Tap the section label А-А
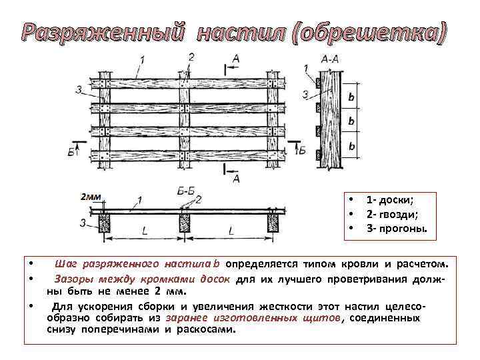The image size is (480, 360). pos(330,59)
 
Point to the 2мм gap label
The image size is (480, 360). pos(90,197)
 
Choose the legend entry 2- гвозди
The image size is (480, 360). pos(393,215)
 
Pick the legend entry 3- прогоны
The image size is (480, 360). pos(397,229)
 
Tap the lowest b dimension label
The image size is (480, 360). pos(351,145)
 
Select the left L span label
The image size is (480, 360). pos(145,231)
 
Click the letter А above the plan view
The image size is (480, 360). pos(235,60)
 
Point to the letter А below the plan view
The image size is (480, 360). pos(235,179)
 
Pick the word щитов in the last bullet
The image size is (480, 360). pos(322,318)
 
